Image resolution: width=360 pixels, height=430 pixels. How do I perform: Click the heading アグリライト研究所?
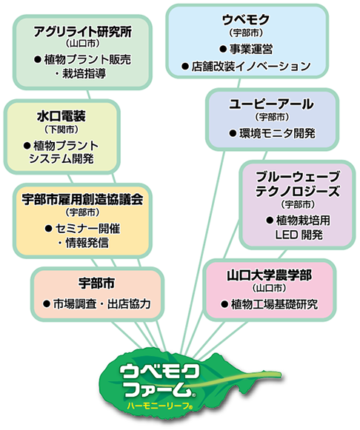pos(82,32)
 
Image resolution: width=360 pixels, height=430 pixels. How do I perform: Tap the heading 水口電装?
pos(61,116)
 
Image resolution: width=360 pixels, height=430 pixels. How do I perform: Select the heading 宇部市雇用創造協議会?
pos(82,199)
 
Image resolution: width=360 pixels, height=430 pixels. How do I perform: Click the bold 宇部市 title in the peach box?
pos(96,283)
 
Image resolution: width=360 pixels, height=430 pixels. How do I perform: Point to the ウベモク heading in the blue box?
pos(246,20)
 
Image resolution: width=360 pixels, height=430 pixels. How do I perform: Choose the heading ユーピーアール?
pos(271,104)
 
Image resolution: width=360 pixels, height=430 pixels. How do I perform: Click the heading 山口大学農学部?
pos(269,275)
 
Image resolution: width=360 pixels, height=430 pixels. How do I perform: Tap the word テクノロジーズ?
pos(298,192)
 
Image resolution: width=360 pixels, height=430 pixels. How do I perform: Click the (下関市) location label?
pos(61,130)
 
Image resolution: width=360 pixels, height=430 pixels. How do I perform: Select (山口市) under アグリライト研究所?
pos(82,44)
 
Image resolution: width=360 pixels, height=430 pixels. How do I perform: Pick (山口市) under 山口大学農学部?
pos(269,288)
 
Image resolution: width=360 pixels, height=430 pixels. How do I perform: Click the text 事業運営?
pos(251,50)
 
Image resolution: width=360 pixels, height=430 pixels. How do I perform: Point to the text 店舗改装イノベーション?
pos(251,66)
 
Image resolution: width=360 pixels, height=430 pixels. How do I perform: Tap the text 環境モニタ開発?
pos(278,133)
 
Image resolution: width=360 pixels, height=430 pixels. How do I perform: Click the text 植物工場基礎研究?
pos(274,304)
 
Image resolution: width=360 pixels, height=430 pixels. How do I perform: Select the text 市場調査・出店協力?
pos(101,303)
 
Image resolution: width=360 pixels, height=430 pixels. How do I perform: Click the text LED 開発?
pos(299,235)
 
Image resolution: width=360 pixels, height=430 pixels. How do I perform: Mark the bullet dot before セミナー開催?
pos(49,229)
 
